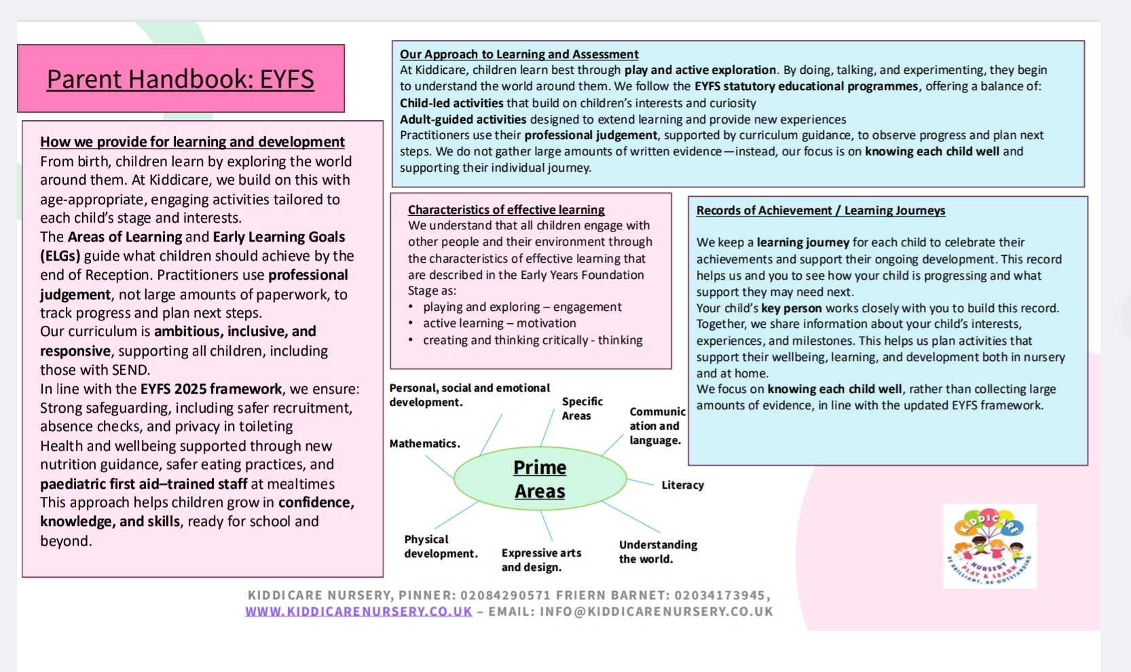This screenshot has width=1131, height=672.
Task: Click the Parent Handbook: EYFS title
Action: (181, 79)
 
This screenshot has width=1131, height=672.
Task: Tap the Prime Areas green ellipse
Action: (540, 479)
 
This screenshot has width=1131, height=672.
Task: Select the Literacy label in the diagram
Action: (682, 485)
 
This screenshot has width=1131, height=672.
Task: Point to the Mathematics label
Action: (424, 443)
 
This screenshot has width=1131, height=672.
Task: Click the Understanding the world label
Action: (658, 552)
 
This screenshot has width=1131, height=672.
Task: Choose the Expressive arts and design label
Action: (541, 560)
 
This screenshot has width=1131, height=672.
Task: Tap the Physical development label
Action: (441, 546)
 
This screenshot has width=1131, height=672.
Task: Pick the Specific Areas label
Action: (582, 409)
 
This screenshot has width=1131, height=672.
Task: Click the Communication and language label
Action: (656, 426)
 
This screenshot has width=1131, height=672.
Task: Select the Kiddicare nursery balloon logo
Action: (990, 546)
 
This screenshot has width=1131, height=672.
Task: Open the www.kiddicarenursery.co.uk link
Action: (358, 612)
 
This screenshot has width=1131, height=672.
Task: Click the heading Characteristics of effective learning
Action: (506, 210)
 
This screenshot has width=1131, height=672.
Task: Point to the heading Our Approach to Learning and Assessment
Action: (519, 54)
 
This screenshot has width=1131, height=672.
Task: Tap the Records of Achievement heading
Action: (820, 210)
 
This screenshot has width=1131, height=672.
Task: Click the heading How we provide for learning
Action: (192, 142)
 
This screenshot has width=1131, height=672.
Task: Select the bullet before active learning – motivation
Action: (411, 324)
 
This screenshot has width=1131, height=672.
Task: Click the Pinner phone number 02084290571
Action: (505, 595)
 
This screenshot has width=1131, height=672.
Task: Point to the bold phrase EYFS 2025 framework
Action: (210, 389)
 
